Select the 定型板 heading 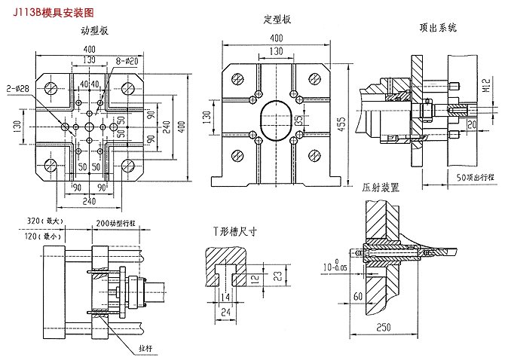277,19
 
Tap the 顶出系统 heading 438,28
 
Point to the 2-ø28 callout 16,88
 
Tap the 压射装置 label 381,185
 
